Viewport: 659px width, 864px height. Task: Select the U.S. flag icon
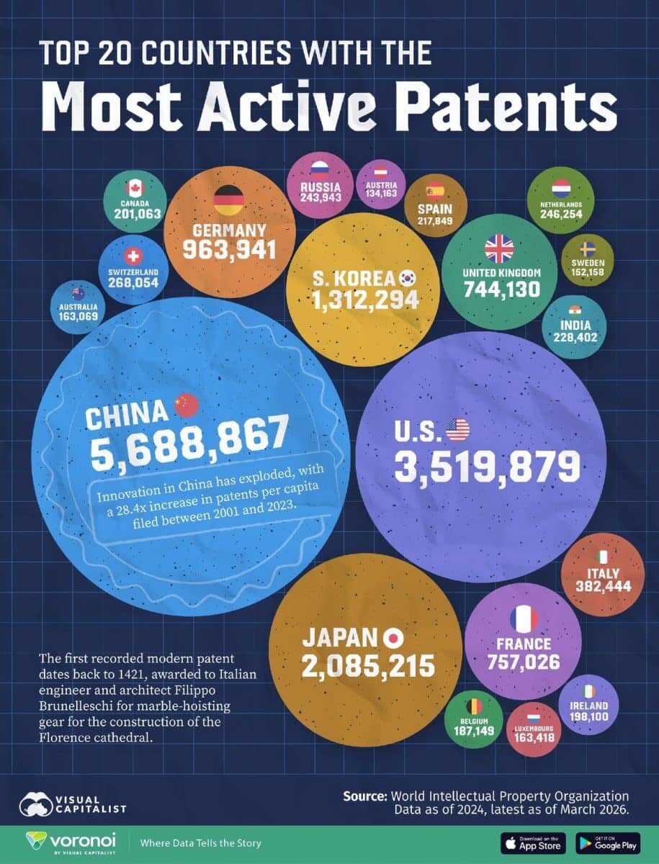(x=457, y=430)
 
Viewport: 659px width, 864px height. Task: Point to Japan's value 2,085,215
(x=369, y=665)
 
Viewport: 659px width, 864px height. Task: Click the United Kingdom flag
(x=498, y=248)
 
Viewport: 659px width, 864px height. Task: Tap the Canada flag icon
(x=135, y=188)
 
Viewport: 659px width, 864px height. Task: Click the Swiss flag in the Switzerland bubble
(x=133, y=256)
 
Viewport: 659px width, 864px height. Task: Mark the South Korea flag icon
(x=408, y=277)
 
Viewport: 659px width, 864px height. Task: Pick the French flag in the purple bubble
(x=524, y=618)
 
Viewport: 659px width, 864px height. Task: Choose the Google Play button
(x=608, y=843)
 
